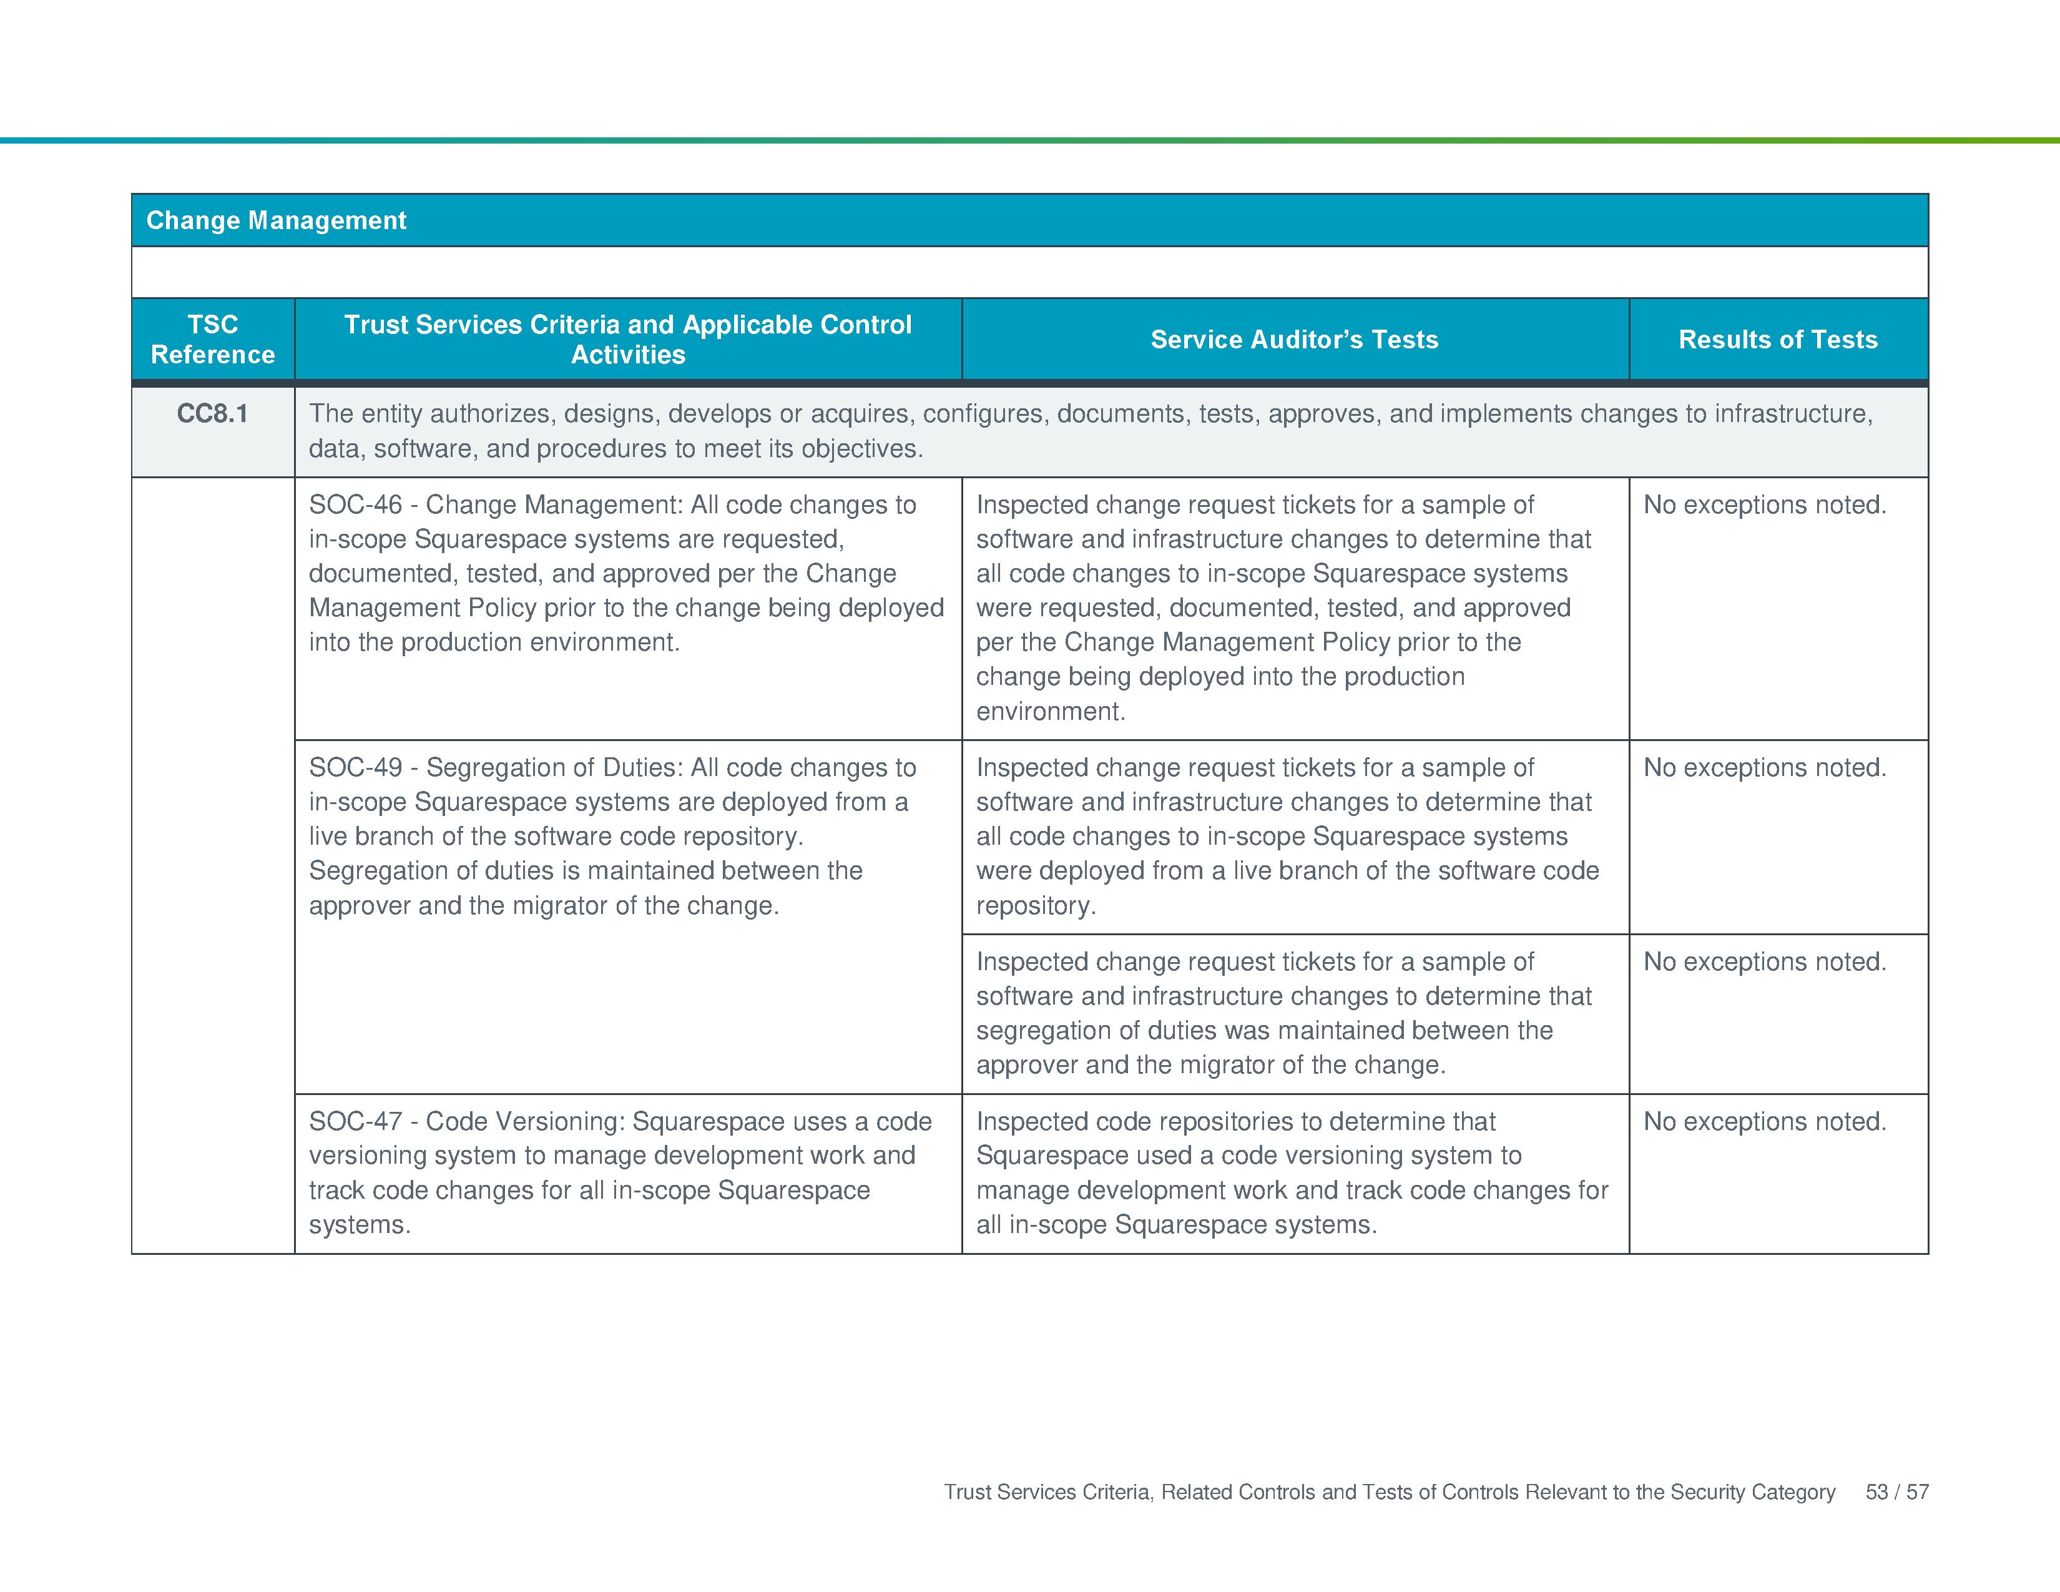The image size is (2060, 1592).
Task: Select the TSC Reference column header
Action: pos(212,340)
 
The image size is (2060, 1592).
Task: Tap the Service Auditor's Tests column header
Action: pos(1294,340)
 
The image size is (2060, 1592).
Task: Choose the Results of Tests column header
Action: pos(1777,340)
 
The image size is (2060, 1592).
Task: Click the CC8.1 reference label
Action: pos(212,414)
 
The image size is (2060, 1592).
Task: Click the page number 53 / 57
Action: pos(1896,1492)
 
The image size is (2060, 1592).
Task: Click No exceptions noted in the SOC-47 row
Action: pos(1764,1121)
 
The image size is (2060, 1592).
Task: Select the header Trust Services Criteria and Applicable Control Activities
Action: pos(627,340)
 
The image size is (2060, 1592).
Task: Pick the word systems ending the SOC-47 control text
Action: pos(358,1225)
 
